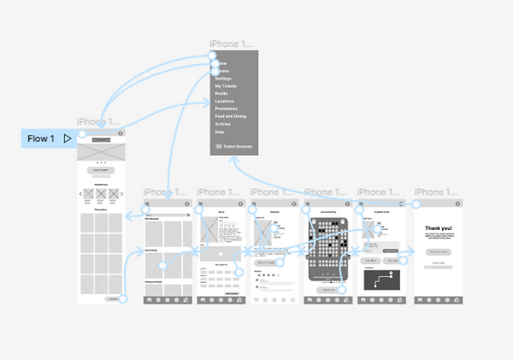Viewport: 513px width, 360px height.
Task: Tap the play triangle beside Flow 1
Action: [x=67, y=139]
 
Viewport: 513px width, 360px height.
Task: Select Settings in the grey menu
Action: [x=223, y=79]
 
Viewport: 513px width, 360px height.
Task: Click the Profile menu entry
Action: [x=221, y=94]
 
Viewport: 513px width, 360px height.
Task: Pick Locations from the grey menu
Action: [x=225, y=102]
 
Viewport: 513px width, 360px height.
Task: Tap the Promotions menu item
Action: [x=227, y=109]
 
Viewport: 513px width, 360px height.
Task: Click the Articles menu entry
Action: [x=223, y=125]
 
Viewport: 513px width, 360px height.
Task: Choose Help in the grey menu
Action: [x=220, y=133]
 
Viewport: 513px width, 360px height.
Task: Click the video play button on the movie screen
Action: [x=221, y=254]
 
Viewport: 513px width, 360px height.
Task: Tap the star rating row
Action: [x=266, y=276]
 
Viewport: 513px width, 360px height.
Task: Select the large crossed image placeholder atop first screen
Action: [x=101, y=149]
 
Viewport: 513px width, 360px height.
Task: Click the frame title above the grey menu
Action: [x=231, y=44]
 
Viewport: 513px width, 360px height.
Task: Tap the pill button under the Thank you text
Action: [x=439, y=252]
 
